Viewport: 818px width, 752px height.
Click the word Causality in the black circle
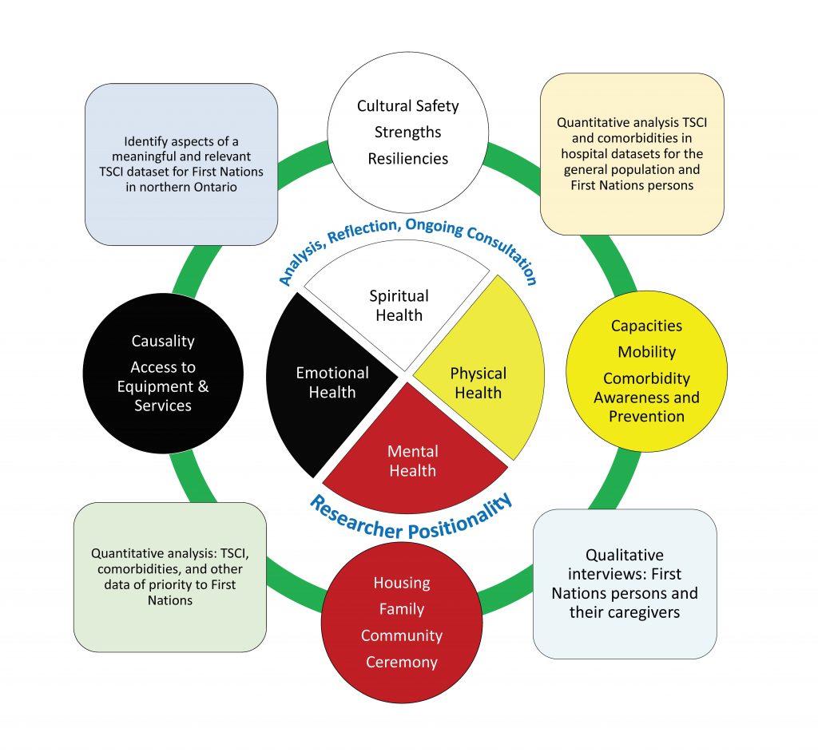[x=163, y=341]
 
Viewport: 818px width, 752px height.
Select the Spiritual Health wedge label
[x=399, y=306]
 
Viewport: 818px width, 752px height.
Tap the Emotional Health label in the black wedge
[x=332, y=382]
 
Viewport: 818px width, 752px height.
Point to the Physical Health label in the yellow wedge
[x=478, y=382]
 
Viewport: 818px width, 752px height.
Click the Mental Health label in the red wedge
[x=413, y=461]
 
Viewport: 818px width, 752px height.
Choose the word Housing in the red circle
[x=402, y=583]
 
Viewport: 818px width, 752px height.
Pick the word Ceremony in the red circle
[x=402, y=662]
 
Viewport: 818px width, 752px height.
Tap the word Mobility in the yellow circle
[x=647, y=352]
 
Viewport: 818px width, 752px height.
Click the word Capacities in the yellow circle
[x=647, y=326]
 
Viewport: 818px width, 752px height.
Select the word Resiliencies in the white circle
[x=408, y=159]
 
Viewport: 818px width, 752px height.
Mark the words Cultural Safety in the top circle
[x=408, y=106]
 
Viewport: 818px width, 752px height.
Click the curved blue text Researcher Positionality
[x=411, y=518]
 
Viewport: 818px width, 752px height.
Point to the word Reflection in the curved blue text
[x=362, y=231]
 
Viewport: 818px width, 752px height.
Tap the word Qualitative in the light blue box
[x=625, y=555]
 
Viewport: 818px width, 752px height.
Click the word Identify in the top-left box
[x=140, y=142]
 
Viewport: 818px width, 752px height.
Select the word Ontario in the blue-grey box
[x=216, y=187]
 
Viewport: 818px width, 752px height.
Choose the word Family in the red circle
[x=402, y=609]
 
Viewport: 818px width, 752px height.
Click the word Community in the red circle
[x=402, y=635]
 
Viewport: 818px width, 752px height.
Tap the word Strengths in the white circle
[x=408, y=133]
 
